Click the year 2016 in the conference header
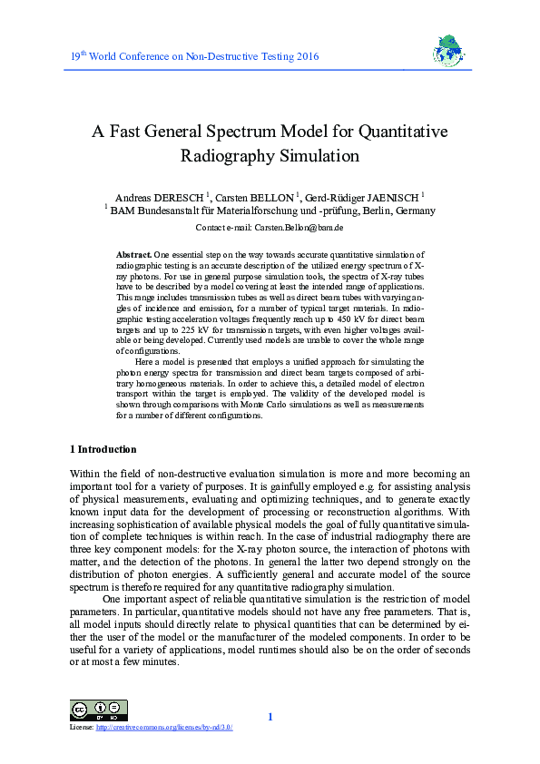(306, 57)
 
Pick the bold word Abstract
(134, 256)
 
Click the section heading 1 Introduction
(103, 449)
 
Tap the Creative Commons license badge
(98, 710)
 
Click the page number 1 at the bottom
(270, 718)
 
